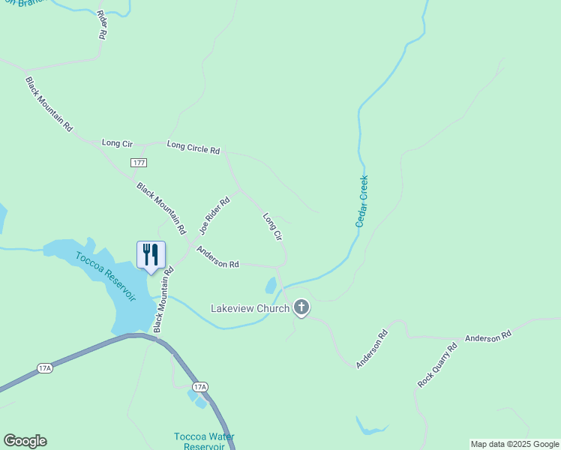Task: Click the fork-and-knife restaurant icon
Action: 150,254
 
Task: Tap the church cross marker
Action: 301,307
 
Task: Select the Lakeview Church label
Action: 250,308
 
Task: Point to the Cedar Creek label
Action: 362,201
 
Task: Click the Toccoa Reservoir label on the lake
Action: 106,275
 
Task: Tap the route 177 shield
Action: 138,163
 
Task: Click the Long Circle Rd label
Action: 193,147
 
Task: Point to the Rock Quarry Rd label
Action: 437,365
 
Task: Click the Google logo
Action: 25,441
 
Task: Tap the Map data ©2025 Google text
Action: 514,444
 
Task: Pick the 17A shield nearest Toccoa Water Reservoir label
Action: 199,387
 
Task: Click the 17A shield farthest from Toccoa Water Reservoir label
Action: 45,368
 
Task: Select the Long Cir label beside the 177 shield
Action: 117,142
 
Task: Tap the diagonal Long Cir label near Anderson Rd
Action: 272,226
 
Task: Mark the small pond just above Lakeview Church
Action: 271,286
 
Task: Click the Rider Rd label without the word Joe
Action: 101,24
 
